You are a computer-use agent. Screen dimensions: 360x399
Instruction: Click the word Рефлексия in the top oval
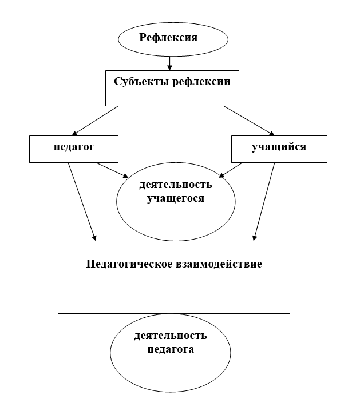(x=168, y=37)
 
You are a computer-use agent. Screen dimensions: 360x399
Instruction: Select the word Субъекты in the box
(x=142, y=82)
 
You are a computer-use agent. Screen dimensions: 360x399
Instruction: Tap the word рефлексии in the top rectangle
(x=201, y=82)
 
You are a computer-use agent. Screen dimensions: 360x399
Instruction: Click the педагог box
(x=74, y=149)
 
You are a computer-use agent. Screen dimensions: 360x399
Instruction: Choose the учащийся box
(x=279, y=149)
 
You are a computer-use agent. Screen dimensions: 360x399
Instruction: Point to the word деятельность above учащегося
(x=176, y=184)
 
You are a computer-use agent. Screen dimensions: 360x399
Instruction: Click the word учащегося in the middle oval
(x=176, y=198)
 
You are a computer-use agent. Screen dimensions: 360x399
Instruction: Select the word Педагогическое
(x=129, y=264)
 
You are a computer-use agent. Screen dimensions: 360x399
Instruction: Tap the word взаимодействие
(x=219, y=264)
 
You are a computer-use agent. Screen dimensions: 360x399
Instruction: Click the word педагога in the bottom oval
(x=171, y=349)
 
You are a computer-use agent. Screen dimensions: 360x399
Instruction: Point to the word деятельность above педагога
(x=171, y=336)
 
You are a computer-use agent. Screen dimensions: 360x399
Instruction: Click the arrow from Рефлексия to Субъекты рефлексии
(x=169, y=63)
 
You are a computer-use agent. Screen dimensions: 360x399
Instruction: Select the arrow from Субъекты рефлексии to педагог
(x=95, y=121)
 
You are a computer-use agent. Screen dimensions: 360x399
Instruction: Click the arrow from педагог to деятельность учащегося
(x=112, y=170)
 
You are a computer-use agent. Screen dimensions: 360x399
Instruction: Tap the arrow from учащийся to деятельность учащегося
(x=231, y=170)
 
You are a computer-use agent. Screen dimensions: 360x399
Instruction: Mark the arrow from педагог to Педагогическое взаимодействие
(x=82, y=202)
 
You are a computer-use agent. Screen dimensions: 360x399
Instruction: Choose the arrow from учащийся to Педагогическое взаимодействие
(x=264, y=202)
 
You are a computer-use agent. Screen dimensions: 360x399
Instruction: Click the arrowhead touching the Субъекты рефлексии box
(x=169, y=67)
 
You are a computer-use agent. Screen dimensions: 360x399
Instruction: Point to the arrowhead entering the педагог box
(x=74, y=133)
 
